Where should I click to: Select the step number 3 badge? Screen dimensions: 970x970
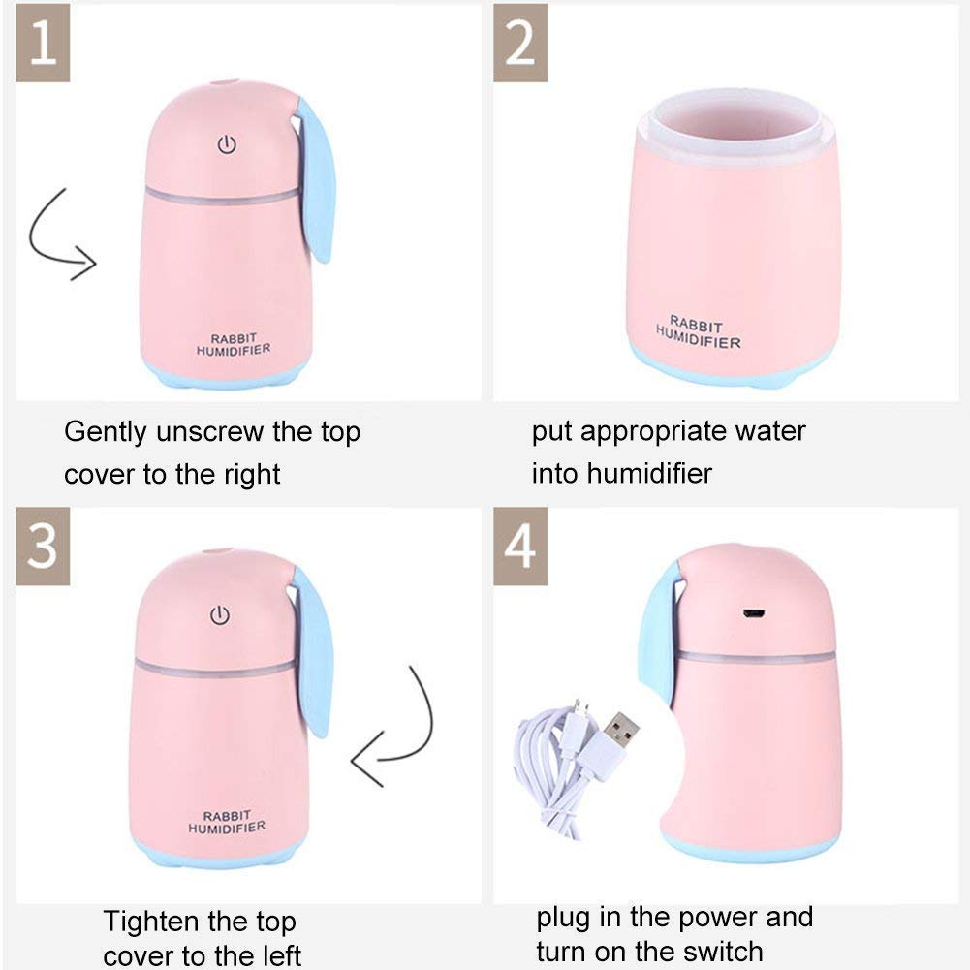coord(42,547)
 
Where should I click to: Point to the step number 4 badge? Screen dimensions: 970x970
coord(520,547)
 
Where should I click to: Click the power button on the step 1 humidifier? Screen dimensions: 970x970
coord(226,146)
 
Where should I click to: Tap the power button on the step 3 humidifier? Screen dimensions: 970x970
coord(220,614)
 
